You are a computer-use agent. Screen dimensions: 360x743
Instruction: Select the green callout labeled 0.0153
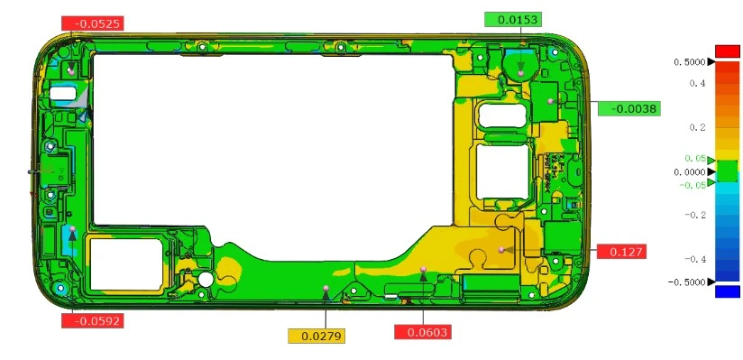tap(511, 20)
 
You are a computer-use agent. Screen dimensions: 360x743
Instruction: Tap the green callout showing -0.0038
tap(628, 109)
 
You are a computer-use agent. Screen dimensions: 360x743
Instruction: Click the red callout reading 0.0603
tap(422, 333)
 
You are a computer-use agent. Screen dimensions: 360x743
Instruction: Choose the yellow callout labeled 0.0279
tap(316, 337)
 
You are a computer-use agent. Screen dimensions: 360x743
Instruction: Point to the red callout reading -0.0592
tap(92, 319)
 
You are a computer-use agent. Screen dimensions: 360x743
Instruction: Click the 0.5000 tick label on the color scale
tap(691, 62)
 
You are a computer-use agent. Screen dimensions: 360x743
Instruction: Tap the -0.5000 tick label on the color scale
tap(689, 282)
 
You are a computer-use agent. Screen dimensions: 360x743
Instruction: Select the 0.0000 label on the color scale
tap(691, 171)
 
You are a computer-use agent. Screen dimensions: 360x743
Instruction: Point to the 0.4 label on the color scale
tap(697, 83)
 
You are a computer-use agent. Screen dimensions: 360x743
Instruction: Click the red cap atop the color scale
tap(727, 50)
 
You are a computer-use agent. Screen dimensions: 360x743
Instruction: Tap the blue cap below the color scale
tap(727, 291)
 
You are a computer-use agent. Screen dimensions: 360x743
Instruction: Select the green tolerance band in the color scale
tap(727, 171)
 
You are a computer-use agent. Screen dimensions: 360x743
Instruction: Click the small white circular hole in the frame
tap(206, 280)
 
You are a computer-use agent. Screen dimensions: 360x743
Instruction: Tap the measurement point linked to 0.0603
tap(422, 269)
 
